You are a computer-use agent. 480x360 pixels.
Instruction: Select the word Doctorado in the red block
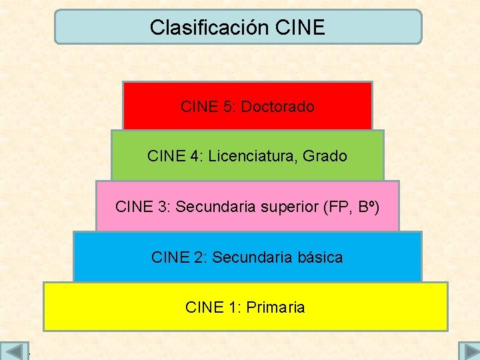(277, 107)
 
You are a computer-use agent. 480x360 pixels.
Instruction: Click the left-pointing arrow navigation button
(14, 351)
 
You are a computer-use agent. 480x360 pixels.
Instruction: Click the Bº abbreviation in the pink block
(367, 207)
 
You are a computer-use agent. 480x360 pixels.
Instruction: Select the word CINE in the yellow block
(203, 307)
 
